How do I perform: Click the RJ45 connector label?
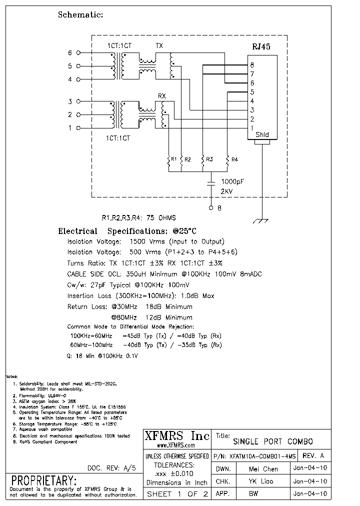[x=260, y=47]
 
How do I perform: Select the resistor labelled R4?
[x=227, y=159]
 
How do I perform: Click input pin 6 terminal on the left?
[x=78, y=52]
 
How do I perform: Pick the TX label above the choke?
[x=159, y=46]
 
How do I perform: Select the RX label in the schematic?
[x=161, y=95]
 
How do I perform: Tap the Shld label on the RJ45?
[x=262, y=134]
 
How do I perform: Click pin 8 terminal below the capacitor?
[x=211, y=207]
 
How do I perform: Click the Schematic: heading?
[x=80, y=14]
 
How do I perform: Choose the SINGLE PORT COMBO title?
[x=273, y=441]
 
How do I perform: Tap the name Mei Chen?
[x=263, y=469]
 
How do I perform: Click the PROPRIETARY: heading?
[x=44, y=480]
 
